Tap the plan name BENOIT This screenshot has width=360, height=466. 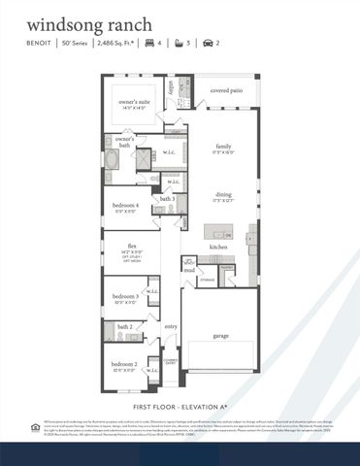(40, 43)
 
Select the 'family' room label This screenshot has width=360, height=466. (224, 146)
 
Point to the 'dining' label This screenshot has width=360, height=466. (224, 194)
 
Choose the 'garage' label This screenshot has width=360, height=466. (222, 336)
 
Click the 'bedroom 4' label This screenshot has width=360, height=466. (124, 206)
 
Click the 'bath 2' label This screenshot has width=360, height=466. (124, 327)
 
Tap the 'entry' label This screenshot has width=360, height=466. (171, 326)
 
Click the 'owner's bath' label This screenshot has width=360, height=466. (124, 142)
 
